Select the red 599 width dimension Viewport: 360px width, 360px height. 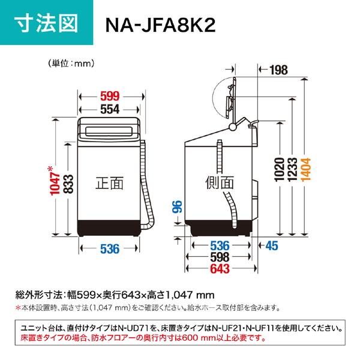(110, 95)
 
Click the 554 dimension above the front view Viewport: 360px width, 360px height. (110, 109)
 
